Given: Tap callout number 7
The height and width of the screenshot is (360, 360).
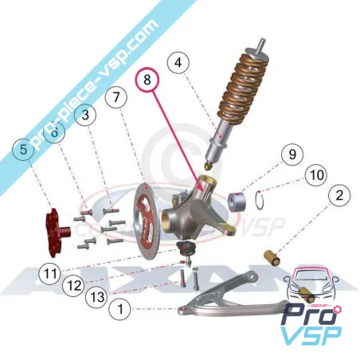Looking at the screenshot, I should pos(116,99).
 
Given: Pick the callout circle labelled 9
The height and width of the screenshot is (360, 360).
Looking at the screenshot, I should pos(292,154).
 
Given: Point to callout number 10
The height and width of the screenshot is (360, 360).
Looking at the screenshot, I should pos(316,174).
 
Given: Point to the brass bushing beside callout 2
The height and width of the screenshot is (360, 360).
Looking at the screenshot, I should pos(276,257).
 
